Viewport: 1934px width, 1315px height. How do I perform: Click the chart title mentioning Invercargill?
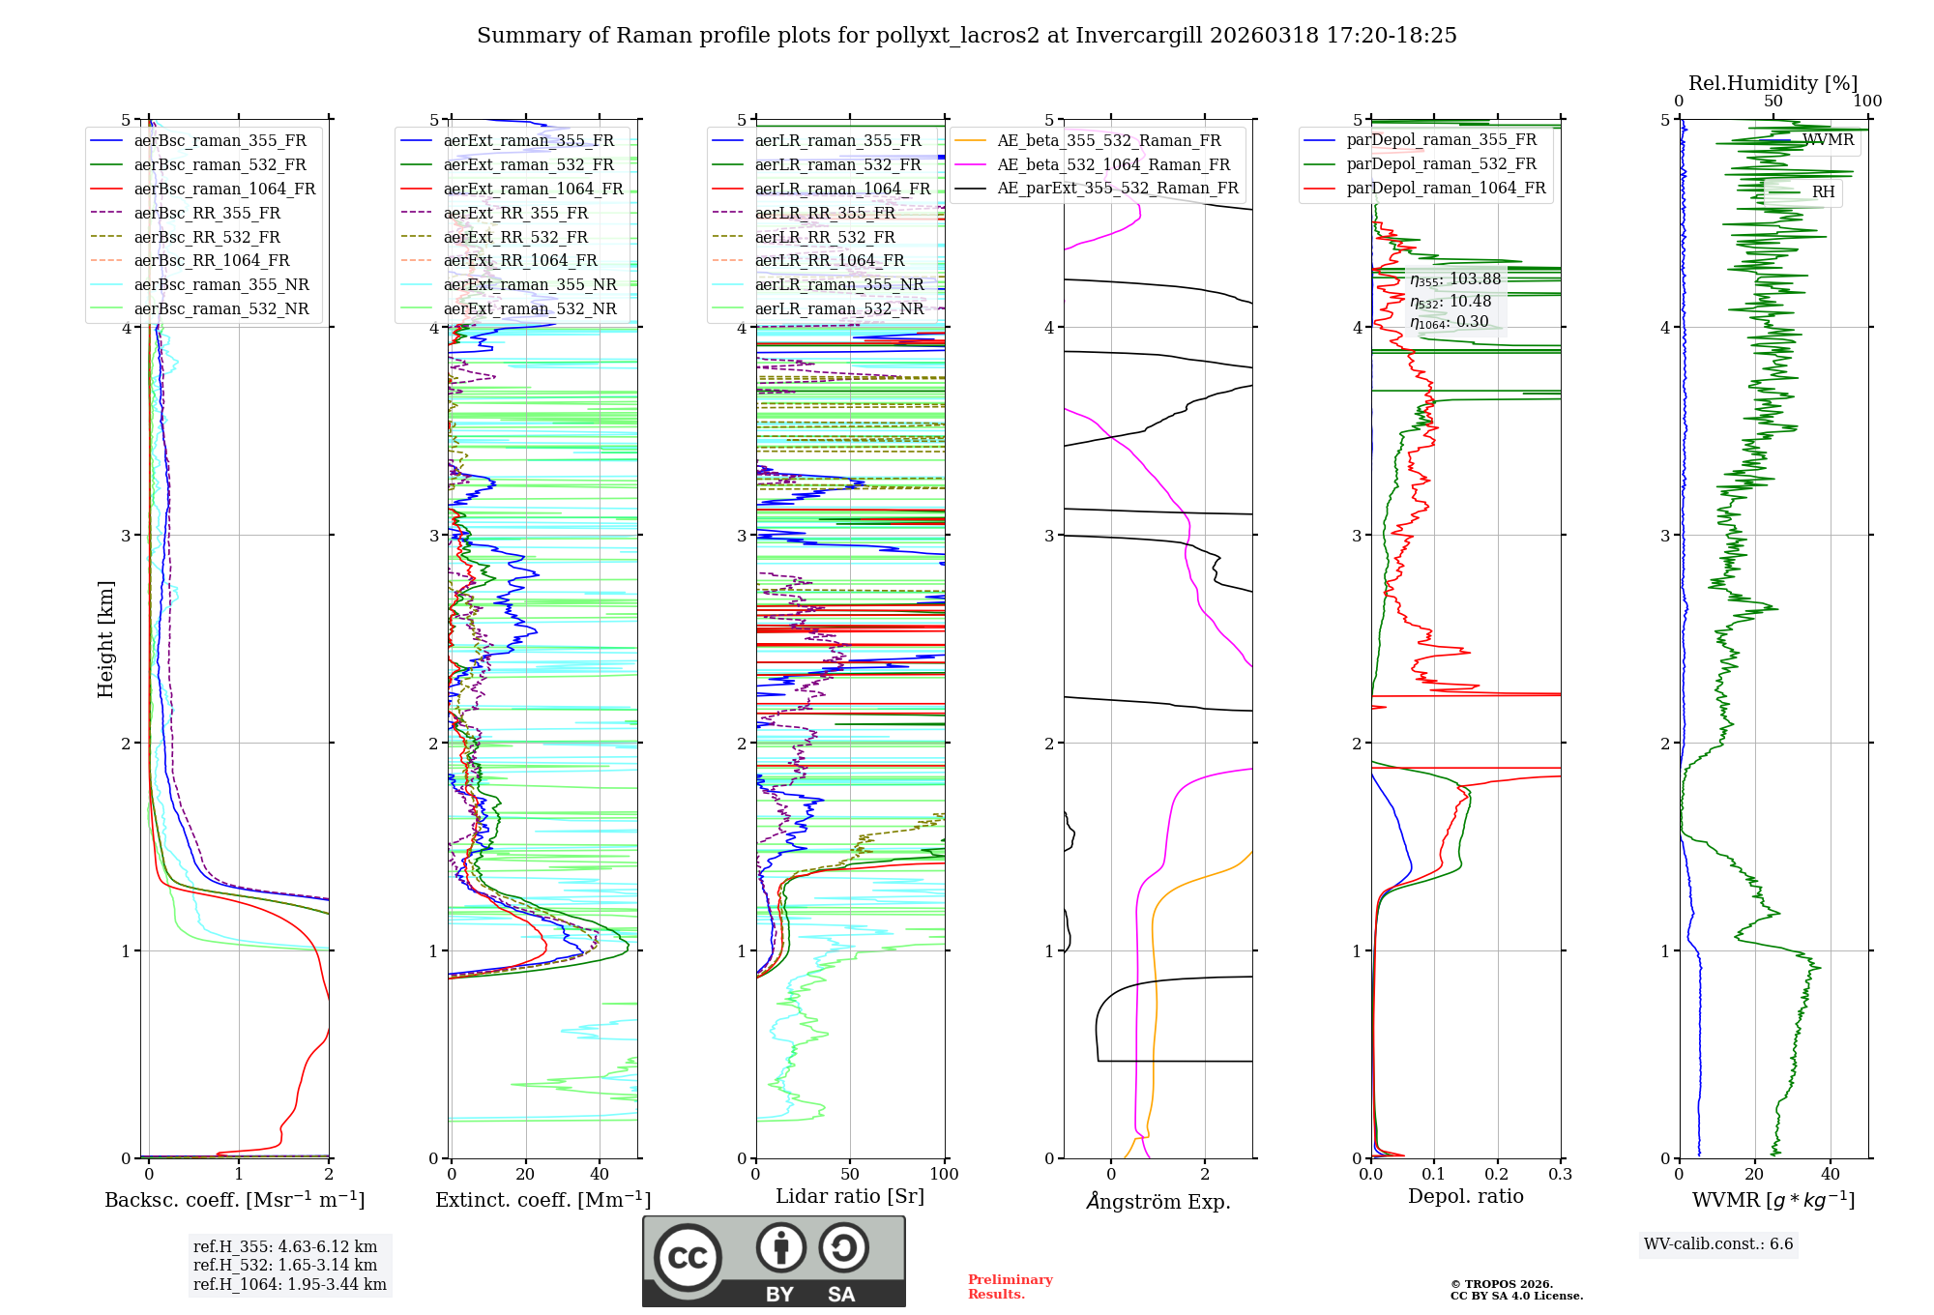(x=966, y=36)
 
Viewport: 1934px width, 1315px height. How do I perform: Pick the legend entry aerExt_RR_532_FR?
(x=514, y=237)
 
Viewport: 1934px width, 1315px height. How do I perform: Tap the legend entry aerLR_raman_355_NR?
(x=838, y=284)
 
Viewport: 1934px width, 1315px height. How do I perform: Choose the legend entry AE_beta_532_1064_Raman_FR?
(x=1113, y=164)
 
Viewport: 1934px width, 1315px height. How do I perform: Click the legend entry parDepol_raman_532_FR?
(x=1441, y=163)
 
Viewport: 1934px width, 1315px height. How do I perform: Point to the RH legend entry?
(x=1822, y=192)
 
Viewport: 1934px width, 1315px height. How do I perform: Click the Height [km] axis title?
(x=105, y=639)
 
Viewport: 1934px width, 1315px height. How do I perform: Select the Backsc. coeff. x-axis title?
(x=234, y=1200)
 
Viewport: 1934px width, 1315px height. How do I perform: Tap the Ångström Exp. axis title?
(x=1157, y=1202)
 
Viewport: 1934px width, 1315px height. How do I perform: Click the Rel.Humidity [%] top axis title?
(x=1773, y=83)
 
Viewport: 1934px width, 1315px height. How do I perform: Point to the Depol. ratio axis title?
(x=1465, y=1197)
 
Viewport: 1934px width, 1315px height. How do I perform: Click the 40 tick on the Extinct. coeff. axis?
(x=600, y=1175)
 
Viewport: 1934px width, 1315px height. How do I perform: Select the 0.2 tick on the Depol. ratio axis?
(x=1497, y=1175)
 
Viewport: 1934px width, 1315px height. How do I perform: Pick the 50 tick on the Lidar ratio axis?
(x=850, y=1175)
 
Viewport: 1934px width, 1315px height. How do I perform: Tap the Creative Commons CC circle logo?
(x=688, y=1258)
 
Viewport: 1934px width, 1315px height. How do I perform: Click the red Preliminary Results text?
(x=1010, y=1287)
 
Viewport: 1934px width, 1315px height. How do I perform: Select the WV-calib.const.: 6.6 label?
(x=1717, y=1244)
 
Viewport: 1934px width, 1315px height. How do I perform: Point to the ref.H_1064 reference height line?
(x=289, y=1285)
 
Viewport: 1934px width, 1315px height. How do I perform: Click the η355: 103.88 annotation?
(x=1454, y=279)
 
